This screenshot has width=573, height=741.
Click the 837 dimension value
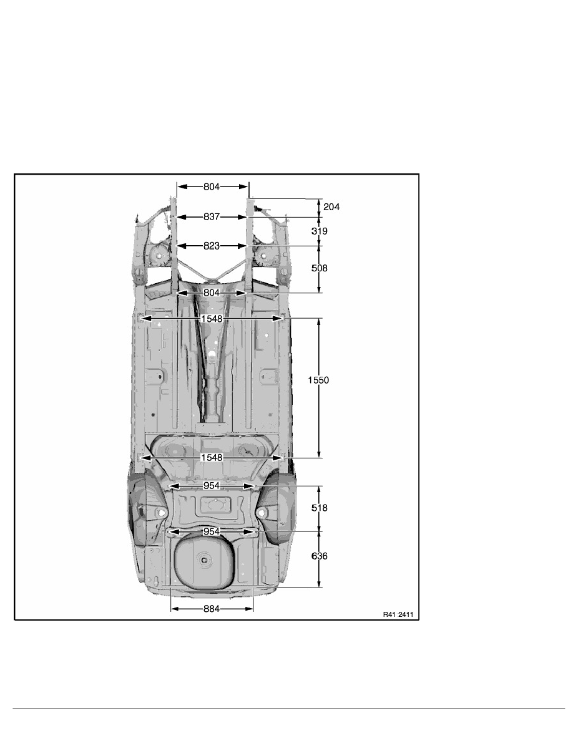(212, 217)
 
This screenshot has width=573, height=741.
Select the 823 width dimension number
(212, 246)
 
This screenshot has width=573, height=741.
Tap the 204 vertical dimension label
(331, 206)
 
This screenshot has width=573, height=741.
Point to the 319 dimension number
(320, 231)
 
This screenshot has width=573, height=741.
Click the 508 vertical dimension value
(320, 268)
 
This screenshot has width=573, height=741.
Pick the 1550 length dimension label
(318, 380)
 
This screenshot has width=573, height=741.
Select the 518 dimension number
(320, 508)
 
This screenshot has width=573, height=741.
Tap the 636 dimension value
(320, 556)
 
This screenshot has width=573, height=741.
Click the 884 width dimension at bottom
(212, 609)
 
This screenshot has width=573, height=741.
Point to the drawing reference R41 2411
(398, 614)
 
